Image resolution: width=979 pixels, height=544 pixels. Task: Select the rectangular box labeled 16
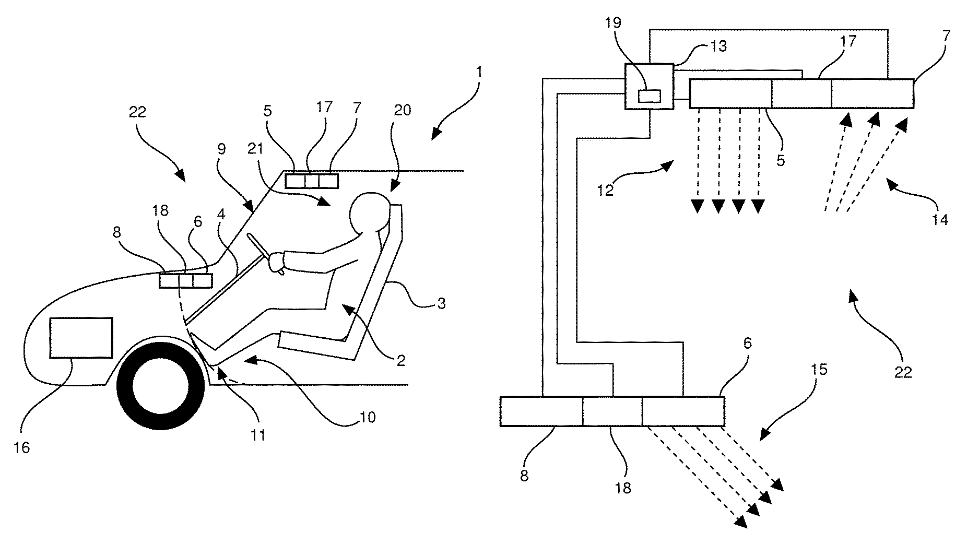[81, 337]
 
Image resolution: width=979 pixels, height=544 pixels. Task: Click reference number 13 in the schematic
[718, 46]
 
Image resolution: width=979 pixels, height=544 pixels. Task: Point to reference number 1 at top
[479, 72]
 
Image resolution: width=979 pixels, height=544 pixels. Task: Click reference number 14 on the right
[939, 220]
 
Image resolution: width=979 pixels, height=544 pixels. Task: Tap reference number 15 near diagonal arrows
[819, 370]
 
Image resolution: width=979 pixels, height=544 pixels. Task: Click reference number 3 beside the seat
[441, 303]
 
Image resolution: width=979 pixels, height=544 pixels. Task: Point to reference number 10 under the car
[367, 417]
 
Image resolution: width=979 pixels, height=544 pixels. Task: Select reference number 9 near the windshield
[221, 149]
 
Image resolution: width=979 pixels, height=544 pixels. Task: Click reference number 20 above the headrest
[403, 110]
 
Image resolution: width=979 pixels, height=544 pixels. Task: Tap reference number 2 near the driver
[400, 360]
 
